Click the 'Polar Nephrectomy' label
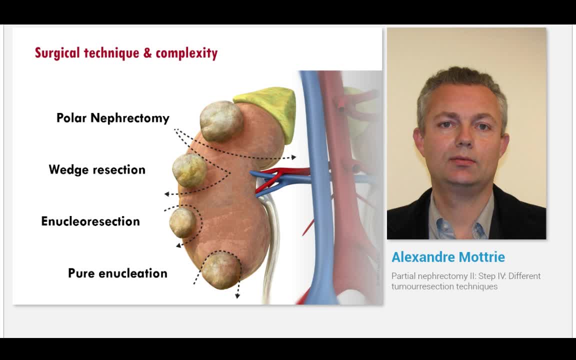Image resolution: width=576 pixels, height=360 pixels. pyautogui.click(x=112, y=118)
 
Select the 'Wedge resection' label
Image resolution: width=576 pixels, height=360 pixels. pyautogui.click(x=97, y=169)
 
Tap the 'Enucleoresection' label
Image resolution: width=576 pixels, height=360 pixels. pyautogui.click(x=90, y=221)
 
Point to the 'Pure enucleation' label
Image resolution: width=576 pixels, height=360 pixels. pyautogui.click(x=117, y=273)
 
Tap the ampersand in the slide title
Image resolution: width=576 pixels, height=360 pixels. pyautogui.click(x=147, y=53)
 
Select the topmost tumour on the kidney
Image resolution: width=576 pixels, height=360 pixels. pyautogui.click(x=221, y=120)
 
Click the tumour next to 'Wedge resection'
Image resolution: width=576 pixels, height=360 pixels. pyautogui.click(x=189, y=170)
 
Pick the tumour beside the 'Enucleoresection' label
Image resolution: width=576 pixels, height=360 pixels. pyautogui.click(x=182, y=222)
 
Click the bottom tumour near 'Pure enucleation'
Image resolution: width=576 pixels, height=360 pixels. pyautogui.click(x=220, y=270)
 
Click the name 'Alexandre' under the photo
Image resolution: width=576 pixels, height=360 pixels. pyautogui.click(x=423, y=257)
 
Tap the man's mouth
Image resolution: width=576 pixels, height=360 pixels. pyautogui.click(x=463, y=161)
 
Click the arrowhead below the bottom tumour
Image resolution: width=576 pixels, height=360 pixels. pyautogui.click(x=237, y=295)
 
